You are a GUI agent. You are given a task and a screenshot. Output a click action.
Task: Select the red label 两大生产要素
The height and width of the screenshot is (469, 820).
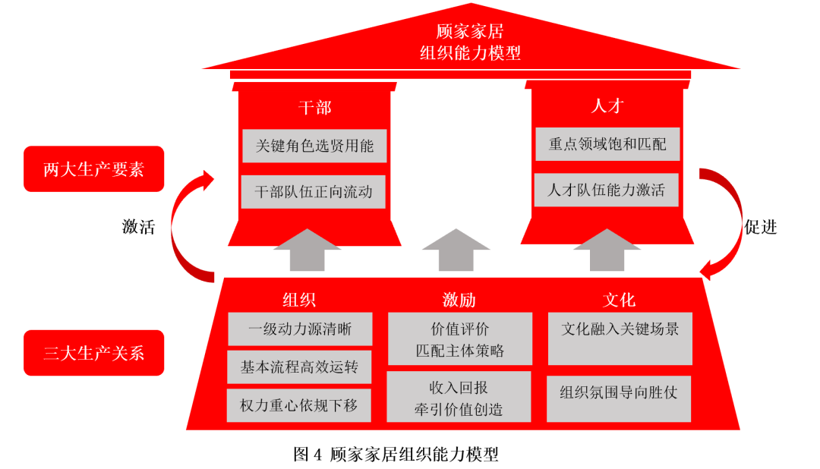point(93,169)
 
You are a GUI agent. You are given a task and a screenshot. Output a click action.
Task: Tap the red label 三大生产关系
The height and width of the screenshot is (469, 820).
point(93,353)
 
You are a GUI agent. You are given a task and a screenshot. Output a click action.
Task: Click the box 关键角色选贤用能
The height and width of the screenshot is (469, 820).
point(314,146)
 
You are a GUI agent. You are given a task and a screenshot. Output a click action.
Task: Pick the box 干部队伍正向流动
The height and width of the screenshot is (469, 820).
point(314,192)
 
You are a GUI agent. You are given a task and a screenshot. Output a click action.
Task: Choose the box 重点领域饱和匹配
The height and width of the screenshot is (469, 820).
point(607,143)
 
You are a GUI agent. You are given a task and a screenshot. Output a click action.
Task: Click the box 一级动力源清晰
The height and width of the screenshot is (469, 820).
point(300,329)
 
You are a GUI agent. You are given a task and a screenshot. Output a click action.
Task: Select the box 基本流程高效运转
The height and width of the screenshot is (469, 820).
point(300,367)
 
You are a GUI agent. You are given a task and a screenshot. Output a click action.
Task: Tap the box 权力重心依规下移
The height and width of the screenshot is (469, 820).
point(300,405)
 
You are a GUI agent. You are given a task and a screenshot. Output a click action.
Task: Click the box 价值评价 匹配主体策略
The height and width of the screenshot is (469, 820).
point(460,339)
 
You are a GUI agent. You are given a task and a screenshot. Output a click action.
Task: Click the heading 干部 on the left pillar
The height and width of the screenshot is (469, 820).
point(314,107)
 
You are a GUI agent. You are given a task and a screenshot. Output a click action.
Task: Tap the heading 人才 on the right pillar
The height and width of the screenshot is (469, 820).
point(607,105)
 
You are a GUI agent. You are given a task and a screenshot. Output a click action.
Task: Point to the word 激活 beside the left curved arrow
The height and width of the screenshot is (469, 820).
point(138,227)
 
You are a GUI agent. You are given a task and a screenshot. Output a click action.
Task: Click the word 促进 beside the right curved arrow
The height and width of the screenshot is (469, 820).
point(760,227)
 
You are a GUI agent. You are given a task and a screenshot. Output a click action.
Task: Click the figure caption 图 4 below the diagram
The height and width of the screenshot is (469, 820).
point(396,455)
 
